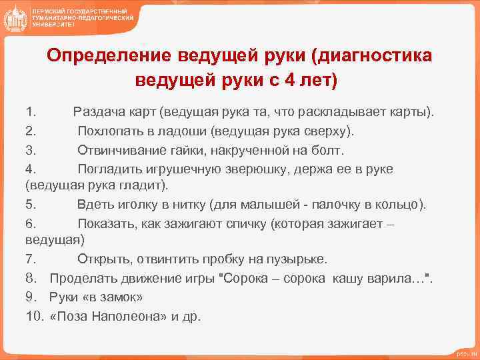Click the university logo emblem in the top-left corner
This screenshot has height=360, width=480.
pos(15,18)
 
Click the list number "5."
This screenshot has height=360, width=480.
pos(31,204)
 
